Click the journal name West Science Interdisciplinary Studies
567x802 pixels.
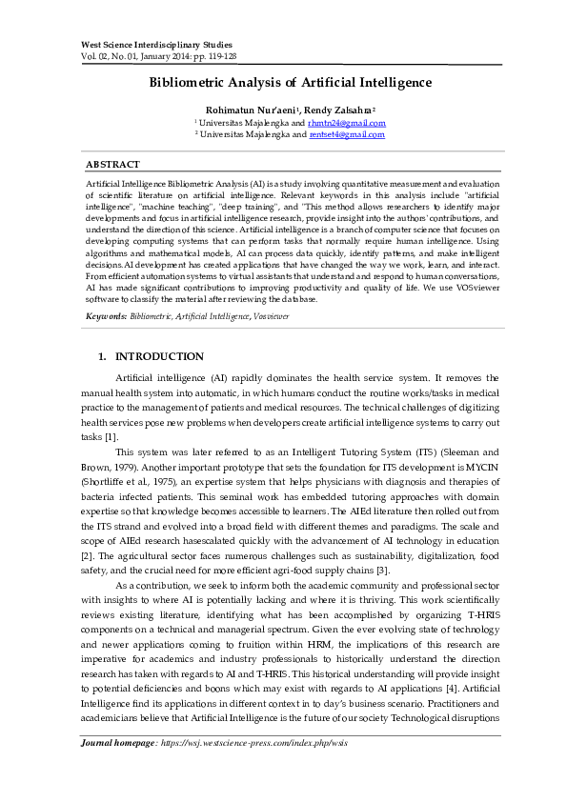pos(142,45)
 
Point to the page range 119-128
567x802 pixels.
pos(217,56)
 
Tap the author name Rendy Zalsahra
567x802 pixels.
pos(340,110)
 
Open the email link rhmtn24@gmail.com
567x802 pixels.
pos(347,123)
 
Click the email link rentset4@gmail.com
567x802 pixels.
pos(347,134)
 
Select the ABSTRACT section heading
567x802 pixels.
pos(112,165)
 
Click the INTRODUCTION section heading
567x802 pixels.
pos(159,356)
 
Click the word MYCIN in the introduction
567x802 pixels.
pos(487,468)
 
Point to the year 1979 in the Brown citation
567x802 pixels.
pos(134,468)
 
